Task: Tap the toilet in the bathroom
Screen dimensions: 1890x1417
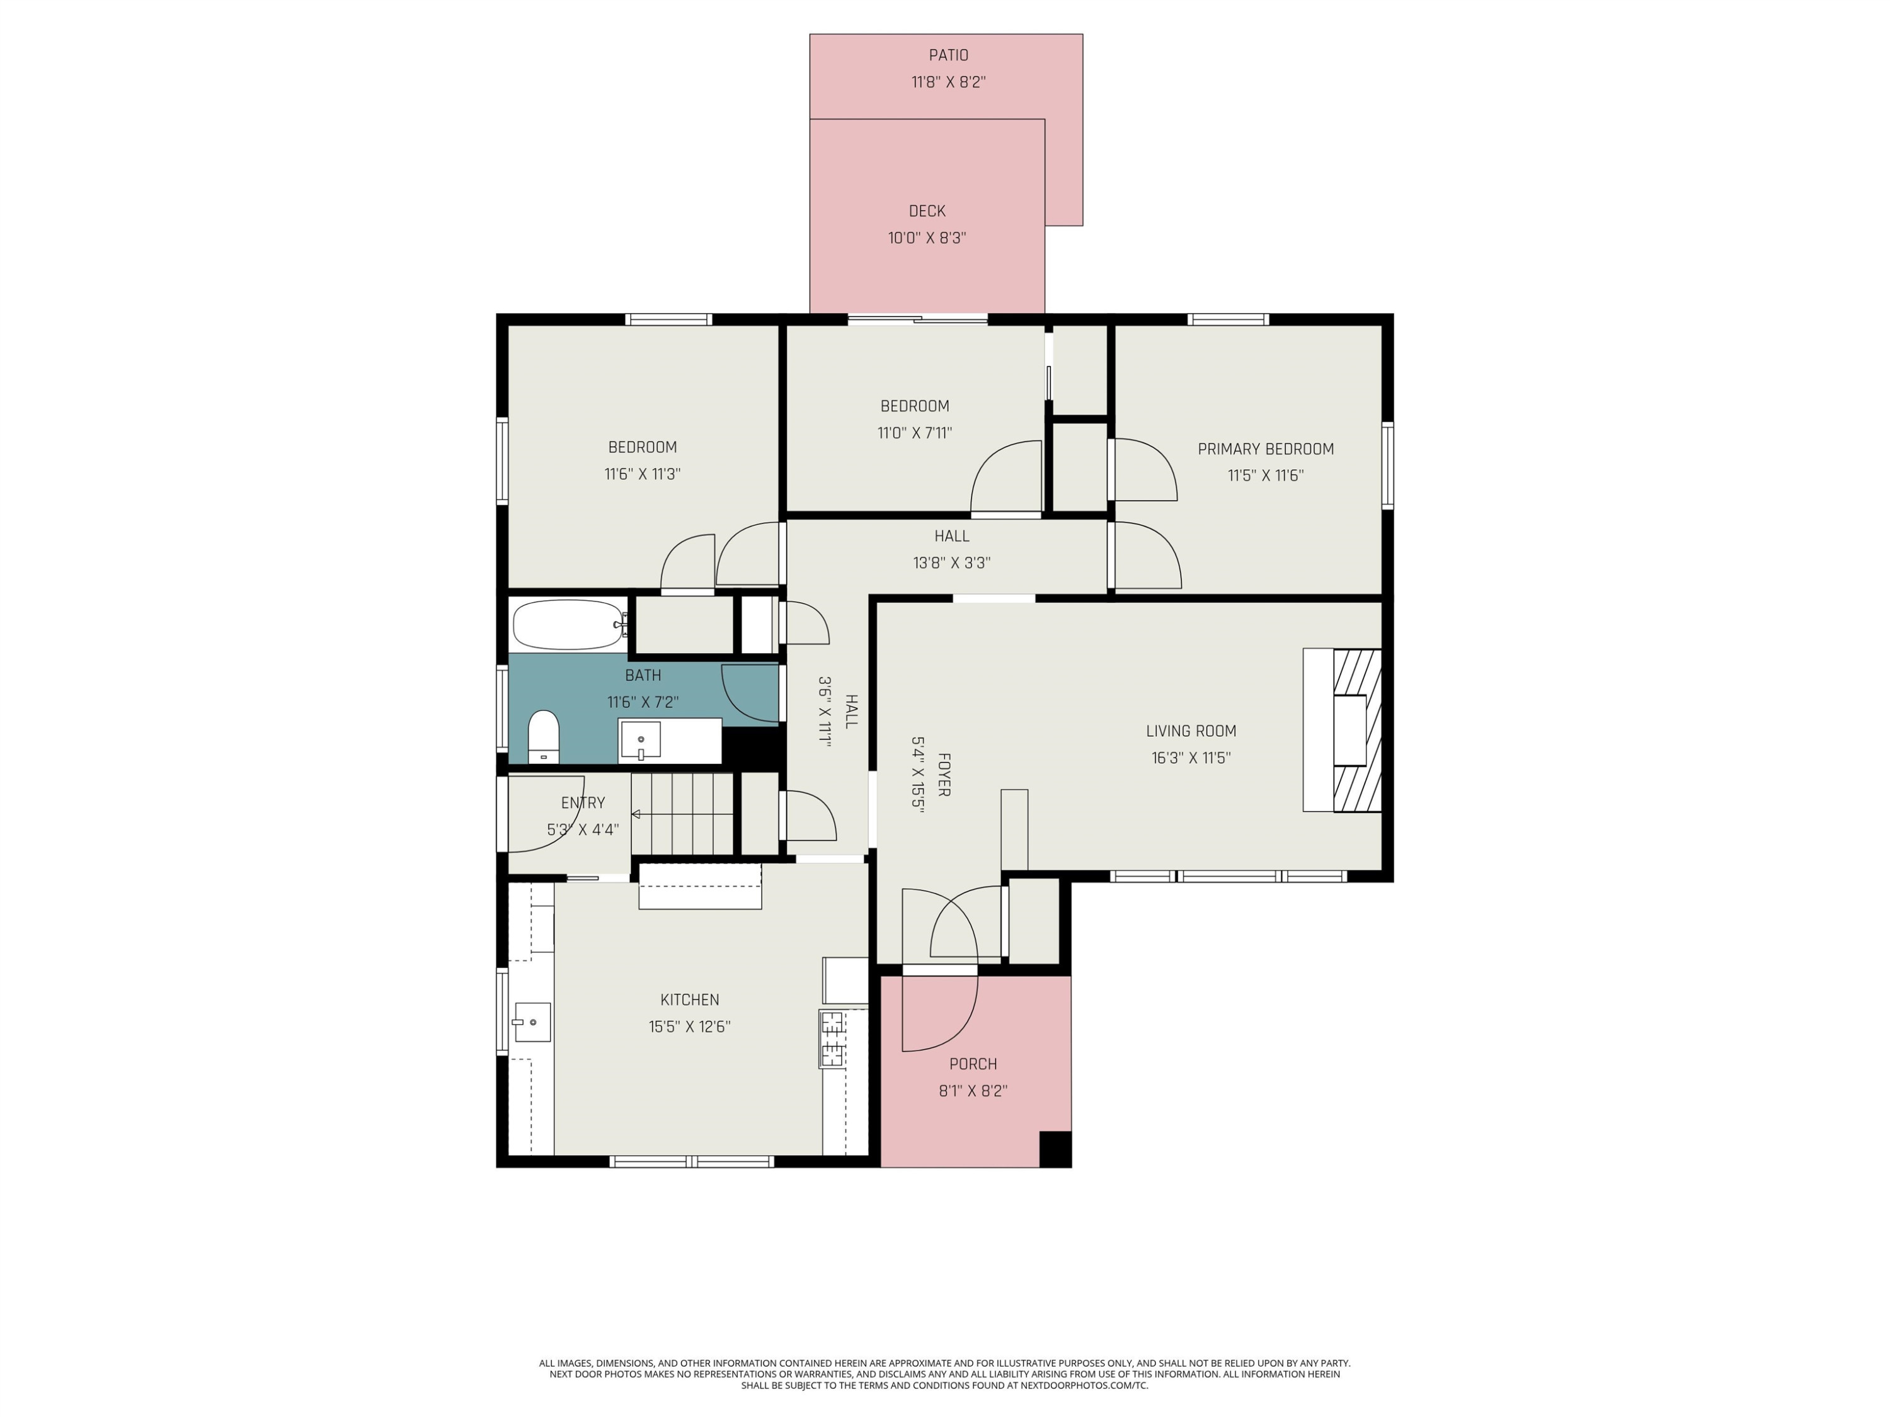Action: tap(544, 736)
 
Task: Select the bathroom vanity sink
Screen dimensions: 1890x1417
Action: tap(640, 741)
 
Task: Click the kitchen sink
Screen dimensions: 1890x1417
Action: tap(532, 1022)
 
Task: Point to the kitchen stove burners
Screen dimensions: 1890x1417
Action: tap(832, 1039)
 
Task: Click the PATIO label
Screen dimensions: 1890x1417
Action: tap(948, 55)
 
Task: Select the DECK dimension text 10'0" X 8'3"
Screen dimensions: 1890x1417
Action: tap(927, 238)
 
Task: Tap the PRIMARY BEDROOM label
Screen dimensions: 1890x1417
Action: tap(1266, 449)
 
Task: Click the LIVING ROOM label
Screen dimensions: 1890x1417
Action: tap(1191, 731)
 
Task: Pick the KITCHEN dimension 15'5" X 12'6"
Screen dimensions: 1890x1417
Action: tap(689, 1027)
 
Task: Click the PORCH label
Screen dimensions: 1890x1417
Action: tap(973, 1064)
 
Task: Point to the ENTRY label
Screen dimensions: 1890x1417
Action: tap(583, 803)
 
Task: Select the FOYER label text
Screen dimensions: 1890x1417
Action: tap(944, 775)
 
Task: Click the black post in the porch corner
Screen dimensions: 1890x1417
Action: tap(1055, 1149)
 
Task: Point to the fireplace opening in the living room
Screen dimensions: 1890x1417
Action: tap(1350, 731)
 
